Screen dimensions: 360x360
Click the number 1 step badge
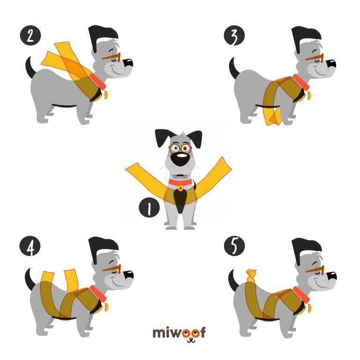149,208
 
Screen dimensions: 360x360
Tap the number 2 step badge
30,35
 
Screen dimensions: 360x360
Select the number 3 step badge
234,35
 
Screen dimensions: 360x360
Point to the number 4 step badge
30,247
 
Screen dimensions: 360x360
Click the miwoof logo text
179,332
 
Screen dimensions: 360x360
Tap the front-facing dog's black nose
180,159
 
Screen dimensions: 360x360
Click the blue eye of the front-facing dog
176,148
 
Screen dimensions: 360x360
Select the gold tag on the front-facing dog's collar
180,188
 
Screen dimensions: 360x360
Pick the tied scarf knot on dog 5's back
251,277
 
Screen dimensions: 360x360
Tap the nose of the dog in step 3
331,64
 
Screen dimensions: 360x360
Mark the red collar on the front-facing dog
180,182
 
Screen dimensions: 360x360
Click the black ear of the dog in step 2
102,38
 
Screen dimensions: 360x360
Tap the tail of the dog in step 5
233,280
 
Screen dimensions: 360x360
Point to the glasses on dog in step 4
112,269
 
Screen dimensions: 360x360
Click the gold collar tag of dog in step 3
309,96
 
